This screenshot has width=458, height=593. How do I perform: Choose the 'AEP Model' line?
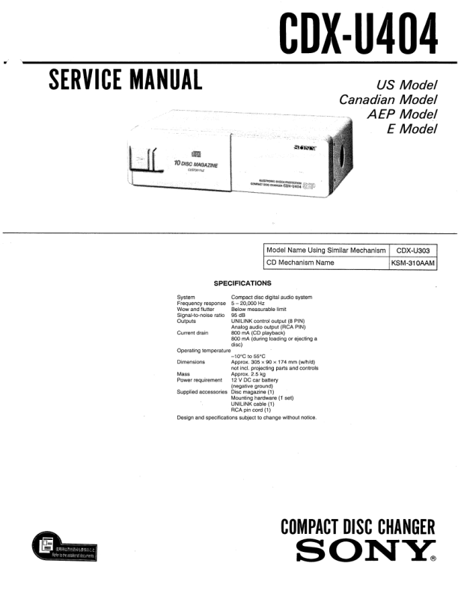tap(401, 114)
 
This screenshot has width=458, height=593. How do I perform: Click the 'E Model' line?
tap(411, 129)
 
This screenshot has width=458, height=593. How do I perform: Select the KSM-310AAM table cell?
tap(413, 263)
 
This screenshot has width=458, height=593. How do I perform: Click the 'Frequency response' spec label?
tap(201, 304)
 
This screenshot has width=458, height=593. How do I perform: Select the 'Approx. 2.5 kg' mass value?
tap(251, 373)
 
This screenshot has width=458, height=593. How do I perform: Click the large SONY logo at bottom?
tap(366, 553)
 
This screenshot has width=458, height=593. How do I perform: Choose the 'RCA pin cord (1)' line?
tap(251, 410)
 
